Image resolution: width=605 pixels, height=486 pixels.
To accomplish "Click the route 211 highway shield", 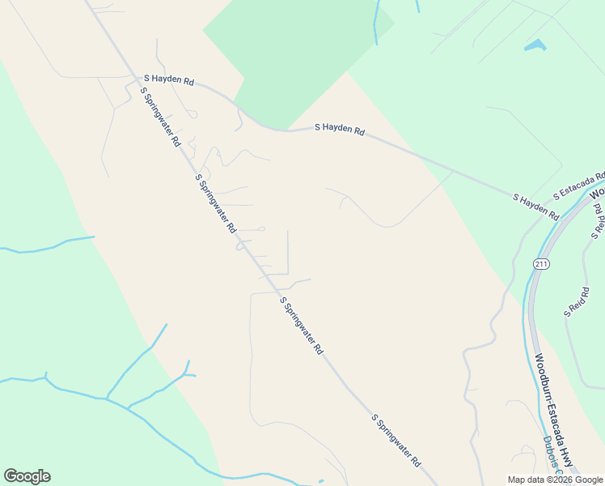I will click(x=541, y=264).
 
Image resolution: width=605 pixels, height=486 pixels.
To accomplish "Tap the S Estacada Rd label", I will click(x=579, y=185).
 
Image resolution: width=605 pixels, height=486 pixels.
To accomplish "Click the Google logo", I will click(x=27, y=476).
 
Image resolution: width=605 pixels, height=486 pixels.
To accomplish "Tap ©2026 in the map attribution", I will click(x=562, y=480).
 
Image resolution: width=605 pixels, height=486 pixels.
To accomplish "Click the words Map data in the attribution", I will click(x=527, y=480).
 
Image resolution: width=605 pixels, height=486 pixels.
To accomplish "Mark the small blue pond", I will click(x=535, y=45).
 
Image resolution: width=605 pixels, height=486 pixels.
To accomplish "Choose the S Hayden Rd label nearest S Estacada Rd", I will click(x=535, y=207).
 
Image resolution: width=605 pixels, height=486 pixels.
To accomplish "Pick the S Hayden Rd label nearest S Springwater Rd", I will click(x=169, y=81).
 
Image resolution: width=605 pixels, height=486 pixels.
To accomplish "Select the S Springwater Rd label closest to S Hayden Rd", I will click(x=160, y=116).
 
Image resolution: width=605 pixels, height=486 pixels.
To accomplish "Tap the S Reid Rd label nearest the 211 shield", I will click(x=576, y=302).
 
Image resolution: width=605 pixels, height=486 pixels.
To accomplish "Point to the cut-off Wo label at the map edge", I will click(x=597, y=194).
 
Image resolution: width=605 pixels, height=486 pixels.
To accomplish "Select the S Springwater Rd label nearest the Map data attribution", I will click(x=396, y=441).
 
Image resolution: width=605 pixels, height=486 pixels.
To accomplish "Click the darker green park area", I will click(x=291, y=57).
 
